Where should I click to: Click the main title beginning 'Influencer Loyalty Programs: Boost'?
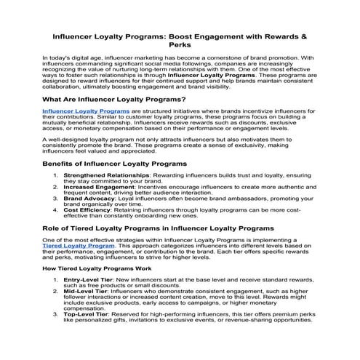click(180, 35)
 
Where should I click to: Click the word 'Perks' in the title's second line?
click(180, 44)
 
